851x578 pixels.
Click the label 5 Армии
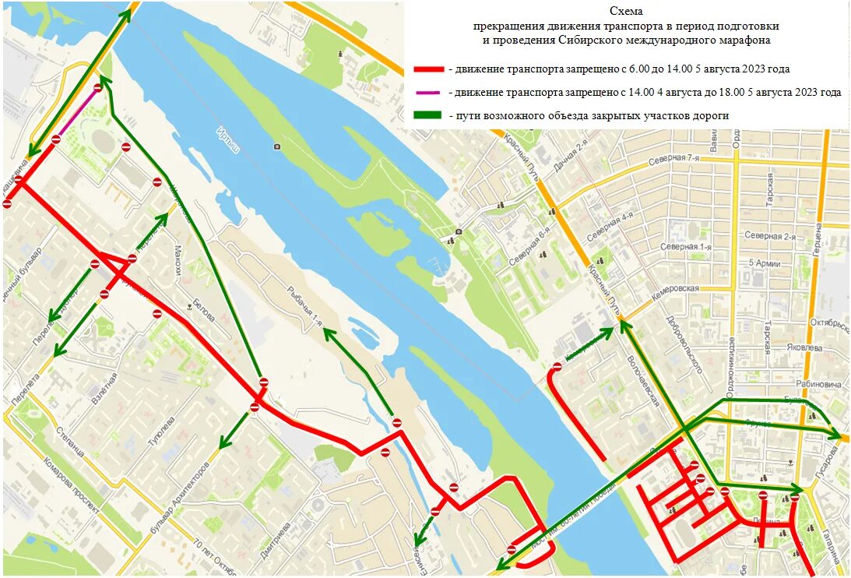coord(764,263)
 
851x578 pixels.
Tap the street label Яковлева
coord(810,348)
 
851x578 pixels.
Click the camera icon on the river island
coord(276,146)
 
